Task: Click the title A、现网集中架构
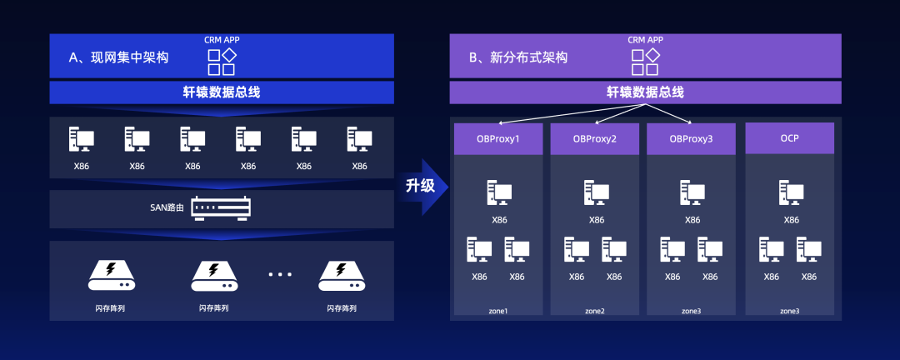tap(118, 57)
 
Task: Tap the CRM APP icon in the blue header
tap(221, 62)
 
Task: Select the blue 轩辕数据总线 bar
tap(221, 92)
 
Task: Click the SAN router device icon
tap(221, 207)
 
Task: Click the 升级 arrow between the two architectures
tap(423, 185)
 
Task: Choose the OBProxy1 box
tap(499, 138)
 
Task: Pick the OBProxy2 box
tap(595, 138)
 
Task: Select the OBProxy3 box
tap(691, 138)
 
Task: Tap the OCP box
tap(789, 138)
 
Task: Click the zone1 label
tap(498, 311)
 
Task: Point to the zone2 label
tap(595, 311)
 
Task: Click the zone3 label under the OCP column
tap(789, 311)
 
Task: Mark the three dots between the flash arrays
tap(280, 274)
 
